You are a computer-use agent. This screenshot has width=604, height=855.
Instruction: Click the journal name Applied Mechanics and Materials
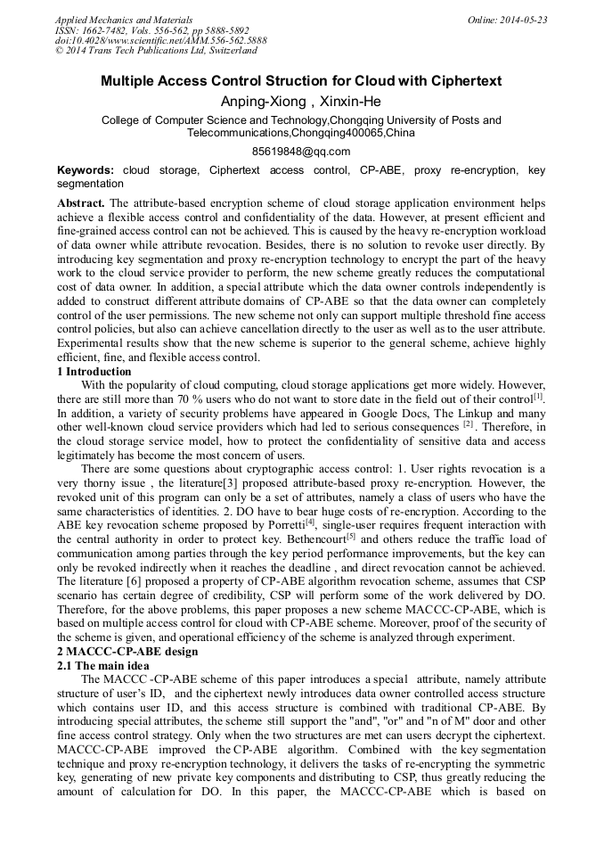pos(124,20)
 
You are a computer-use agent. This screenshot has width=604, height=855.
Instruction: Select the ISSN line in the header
pos(152,30)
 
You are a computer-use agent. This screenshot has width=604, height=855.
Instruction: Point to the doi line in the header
pos(160,40)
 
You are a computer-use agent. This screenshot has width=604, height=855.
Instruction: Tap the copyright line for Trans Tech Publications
pos(157,50)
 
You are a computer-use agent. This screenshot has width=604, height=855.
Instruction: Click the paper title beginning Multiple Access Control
pos(301,81)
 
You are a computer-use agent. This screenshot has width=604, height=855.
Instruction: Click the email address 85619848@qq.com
pos(301,152)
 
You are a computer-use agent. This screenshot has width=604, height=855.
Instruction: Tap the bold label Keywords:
pos(86,170)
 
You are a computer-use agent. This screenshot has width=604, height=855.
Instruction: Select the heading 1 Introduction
pos(94,372)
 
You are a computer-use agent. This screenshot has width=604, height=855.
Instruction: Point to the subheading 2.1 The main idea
pos(104,665)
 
